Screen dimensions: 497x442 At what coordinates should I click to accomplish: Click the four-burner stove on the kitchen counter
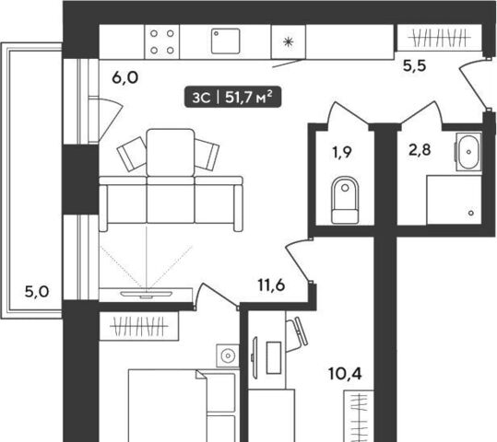coord(162,41)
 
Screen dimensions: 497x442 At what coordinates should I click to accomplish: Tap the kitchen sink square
coord(225,41)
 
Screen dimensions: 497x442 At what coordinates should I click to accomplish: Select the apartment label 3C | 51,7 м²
coord(233,97)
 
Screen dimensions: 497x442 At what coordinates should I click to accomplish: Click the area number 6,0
coord(125,77)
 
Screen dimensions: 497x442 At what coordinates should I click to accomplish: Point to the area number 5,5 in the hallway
coord(415,66)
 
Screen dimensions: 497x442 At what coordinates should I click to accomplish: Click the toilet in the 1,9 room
coord(345,200)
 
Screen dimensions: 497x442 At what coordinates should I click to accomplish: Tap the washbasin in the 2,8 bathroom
coord(468,152)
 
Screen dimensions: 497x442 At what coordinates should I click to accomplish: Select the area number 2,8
coord(420,149)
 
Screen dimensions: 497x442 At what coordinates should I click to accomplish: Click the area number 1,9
coord(342,152)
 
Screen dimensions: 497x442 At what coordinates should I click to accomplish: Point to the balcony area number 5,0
coord(37,292)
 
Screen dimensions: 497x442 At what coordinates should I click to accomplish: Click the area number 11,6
coord(271,285)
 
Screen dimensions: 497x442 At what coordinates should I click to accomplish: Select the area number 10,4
coord(345,374)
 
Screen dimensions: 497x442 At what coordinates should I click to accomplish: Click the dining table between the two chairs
coord(171,152)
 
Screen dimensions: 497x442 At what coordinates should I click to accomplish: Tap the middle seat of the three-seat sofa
coord(171,200)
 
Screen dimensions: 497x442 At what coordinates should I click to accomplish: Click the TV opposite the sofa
coord(146,294)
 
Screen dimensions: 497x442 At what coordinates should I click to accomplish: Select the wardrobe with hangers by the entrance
coord(439,38)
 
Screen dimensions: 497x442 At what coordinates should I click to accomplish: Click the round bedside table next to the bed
coord(228,355)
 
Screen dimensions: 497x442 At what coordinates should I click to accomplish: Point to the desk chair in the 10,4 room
coord(297,334)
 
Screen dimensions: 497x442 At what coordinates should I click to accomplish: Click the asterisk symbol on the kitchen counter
coord(288,41)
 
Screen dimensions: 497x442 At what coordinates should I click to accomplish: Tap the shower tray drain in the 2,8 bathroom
coord(471,213)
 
